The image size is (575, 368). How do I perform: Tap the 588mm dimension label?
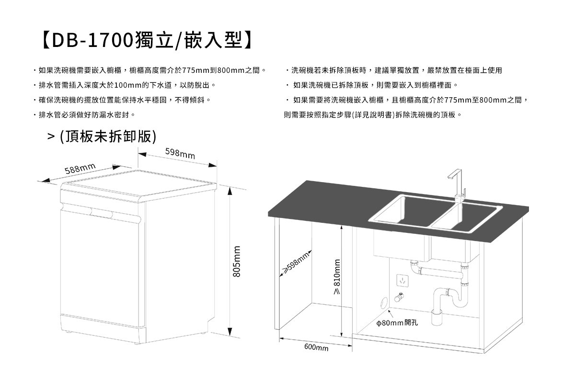pos(80,168)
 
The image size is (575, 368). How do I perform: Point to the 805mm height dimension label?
pos(236,261)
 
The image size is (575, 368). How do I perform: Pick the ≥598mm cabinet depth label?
pos(296,264)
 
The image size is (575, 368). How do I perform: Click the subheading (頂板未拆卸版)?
pos(108,137)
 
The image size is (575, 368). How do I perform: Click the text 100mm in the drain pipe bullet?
pos(129,86)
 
